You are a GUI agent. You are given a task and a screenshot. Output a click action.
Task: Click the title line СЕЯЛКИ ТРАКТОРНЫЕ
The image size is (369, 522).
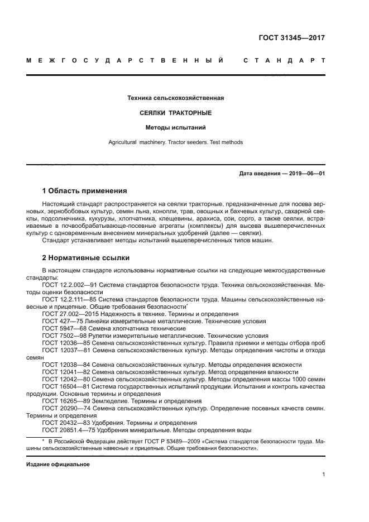pyautogui.click(x=176, y=113)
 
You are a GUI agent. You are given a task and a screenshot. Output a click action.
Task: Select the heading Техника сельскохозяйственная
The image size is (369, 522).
pyautogui.click(x=176, y=98)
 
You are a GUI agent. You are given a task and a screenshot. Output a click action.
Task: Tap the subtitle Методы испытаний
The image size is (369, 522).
pyautogui.click(x=176, y=127)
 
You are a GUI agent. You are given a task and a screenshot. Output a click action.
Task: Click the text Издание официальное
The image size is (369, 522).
pyautogui.click(x=58, y=464)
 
